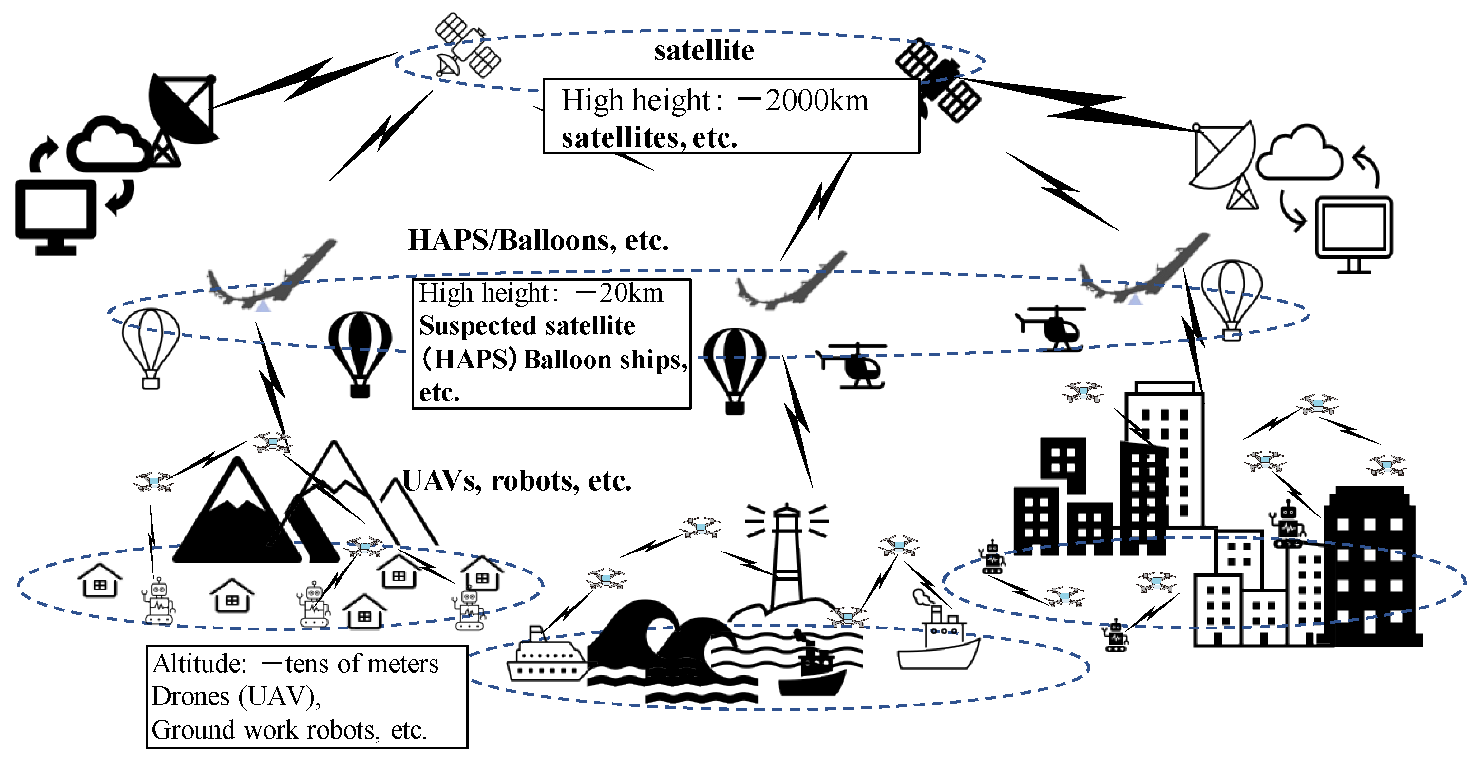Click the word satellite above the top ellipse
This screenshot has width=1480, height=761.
pos(704,51)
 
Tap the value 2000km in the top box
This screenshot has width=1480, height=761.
pos(816,100)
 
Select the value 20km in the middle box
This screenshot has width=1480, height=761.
pos(631,293)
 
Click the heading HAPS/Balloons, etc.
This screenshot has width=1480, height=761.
pos(538,240)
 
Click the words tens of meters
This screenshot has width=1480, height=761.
pos(362,664)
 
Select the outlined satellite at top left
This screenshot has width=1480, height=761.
pos(467,46)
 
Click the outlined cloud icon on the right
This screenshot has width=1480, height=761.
pos(1300,154)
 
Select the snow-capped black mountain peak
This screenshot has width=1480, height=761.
pos(237,512)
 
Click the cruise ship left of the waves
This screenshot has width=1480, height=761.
pos(546,658)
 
